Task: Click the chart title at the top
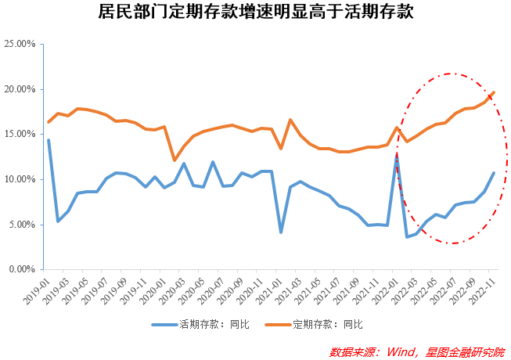(x=256, y=13)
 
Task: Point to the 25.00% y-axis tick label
(x=20, y=44)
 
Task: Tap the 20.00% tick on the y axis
(x=20, y=89)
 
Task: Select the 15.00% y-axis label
(x=20, y=134)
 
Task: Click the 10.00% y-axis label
(x=20, y=179)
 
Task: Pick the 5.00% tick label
(x=23, y=225)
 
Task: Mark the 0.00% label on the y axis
(x=23, y=269)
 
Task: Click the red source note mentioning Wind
(x=416, y=351)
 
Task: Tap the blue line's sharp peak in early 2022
(x=397, y=156)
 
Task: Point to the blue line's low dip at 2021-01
(x=280, y=232)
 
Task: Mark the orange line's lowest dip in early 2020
(x=174, y=160)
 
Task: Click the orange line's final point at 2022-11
(x=494, y=92)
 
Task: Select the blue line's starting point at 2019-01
(x=49, y=140)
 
